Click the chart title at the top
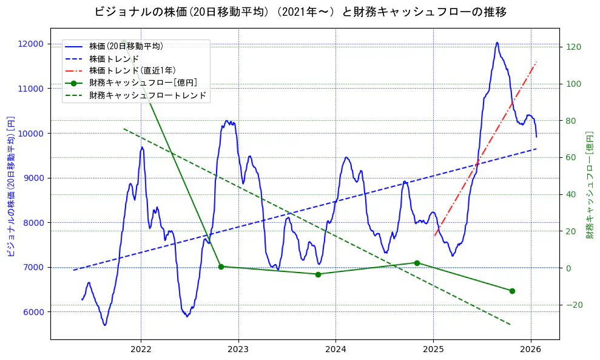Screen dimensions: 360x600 coord(300,12)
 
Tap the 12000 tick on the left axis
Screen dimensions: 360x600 coord(30,44)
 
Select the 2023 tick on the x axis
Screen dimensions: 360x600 coord(238,349)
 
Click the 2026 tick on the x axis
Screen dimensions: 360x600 coord(531,349)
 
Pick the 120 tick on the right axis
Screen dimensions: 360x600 coord(574,47)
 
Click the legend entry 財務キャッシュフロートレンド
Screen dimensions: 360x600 coord(147,95)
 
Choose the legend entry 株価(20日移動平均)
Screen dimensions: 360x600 coord(126,46)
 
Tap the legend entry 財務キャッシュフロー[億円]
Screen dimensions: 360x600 coord(143,83)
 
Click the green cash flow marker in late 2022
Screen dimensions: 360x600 coord(221,267)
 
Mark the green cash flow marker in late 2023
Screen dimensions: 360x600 coord(318,274)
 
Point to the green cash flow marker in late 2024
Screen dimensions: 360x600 coord(417,263)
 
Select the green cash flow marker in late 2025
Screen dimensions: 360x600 coord(512,291)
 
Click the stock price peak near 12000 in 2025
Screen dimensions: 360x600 coord(497,42)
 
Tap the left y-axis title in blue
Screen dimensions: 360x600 coord(10,186)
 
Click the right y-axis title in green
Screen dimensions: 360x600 coord(589,185)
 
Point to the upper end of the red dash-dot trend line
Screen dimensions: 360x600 coord(537,61)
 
